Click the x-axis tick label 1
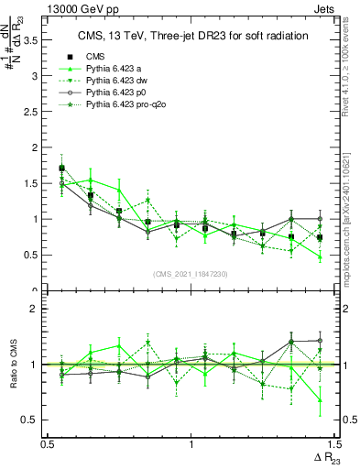(x=191, y=444)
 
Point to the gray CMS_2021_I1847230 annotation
(x=191, y=274)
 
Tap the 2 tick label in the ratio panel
(x=37, y=309)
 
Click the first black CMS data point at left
(x=61, y=169)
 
